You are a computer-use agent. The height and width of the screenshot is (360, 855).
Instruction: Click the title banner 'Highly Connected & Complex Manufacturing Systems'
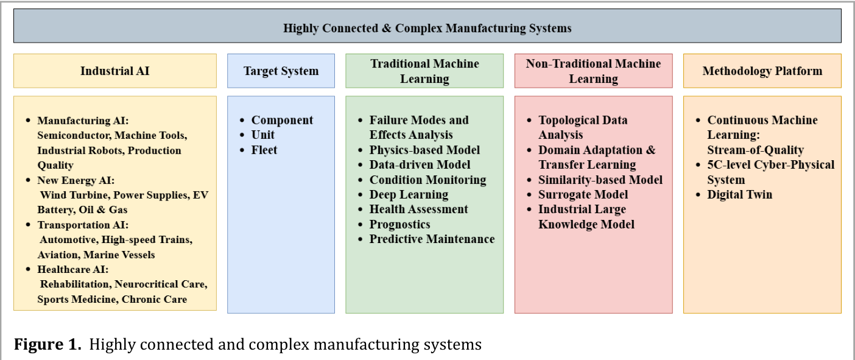(427, 26)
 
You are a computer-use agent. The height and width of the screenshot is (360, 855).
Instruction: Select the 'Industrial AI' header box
(115, 71)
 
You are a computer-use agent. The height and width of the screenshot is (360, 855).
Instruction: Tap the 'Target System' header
(281, 71)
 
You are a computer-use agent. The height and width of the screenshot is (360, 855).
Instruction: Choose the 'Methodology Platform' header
(762, 71)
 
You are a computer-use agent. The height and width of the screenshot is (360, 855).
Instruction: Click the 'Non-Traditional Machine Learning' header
(594, 71)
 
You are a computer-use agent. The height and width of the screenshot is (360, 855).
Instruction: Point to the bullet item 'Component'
(282, 120)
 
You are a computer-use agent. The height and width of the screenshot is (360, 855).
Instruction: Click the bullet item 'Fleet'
(264, 150)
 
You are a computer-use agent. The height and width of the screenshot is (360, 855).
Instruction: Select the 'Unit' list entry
(262, 135)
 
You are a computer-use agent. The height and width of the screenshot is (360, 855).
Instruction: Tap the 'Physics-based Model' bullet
(424, 150)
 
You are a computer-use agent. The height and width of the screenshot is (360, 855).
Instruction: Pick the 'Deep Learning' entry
(409, 195)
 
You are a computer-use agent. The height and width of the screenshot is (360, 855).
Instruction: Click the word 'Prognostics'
(399, 225)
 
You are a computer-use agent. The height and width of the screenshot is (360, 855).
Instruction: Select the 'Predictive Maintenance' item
(432, 239)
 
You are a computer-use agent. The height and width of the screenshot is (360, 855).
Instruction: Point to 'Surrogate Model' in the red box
(583, 195)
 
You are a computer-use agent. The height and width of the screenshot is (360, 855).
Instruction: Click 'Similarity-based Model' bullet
(600, 180)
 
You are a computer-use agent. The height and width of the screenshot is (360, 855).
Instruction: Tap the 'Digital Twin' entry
(740, 195)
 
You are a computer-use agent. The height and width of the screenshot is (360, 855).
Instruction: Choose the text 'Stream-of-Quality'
(755, 150)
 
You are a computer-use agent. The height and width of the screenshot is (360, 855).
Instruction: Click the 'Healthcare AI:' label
(73, 269)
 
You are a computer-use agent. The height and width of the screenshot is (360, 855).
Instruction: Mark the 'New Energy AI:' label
(76, 180)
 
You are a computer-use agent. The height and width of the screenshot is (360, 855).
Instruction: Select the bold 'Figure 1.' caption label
(47, 344)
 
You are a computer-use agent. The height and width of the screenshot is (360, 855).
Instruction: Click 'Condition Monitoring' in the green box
(428, 180)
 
